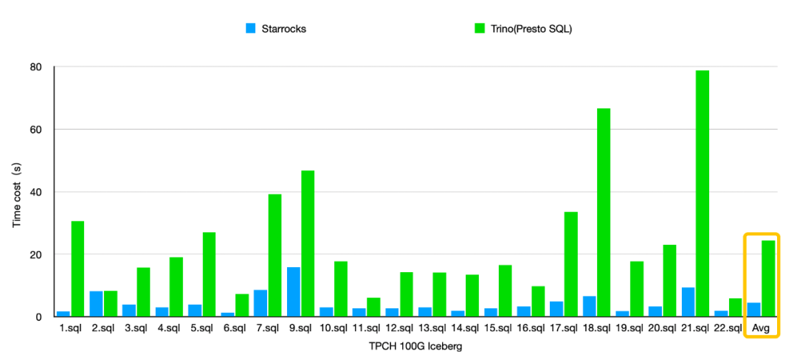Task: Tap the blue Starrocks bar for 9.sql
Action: (x=293, y=292)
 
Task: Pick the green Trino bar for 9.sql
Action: (x=308, y=243)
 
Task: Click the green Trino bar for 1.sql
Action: (x=77, y=269)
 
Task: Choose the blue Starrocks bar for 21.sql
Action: (x=688, y=302)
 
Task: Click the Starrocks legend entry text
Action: (x=284, y=29)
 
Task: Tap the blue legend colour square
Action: (x=251, y=29)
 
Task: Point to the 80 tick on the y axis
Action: (x=36, y=67)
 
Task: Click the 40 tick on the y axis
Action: (x=36, y=192)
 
